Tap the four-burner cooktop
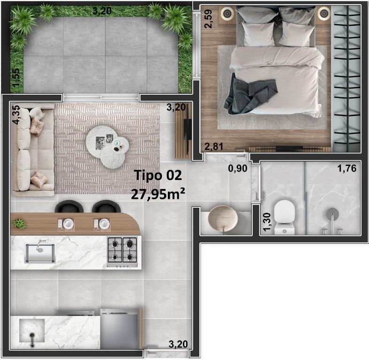[x=122, y=250]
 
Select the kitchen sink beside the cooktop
[x=40, y=253]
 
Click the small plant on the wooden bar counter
[x=20, y=223]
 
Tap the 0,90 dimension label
[x=237, y=168]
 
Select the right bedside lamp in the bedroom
[x=324, y=14]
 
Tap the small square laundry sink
[x=32, y=331]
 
